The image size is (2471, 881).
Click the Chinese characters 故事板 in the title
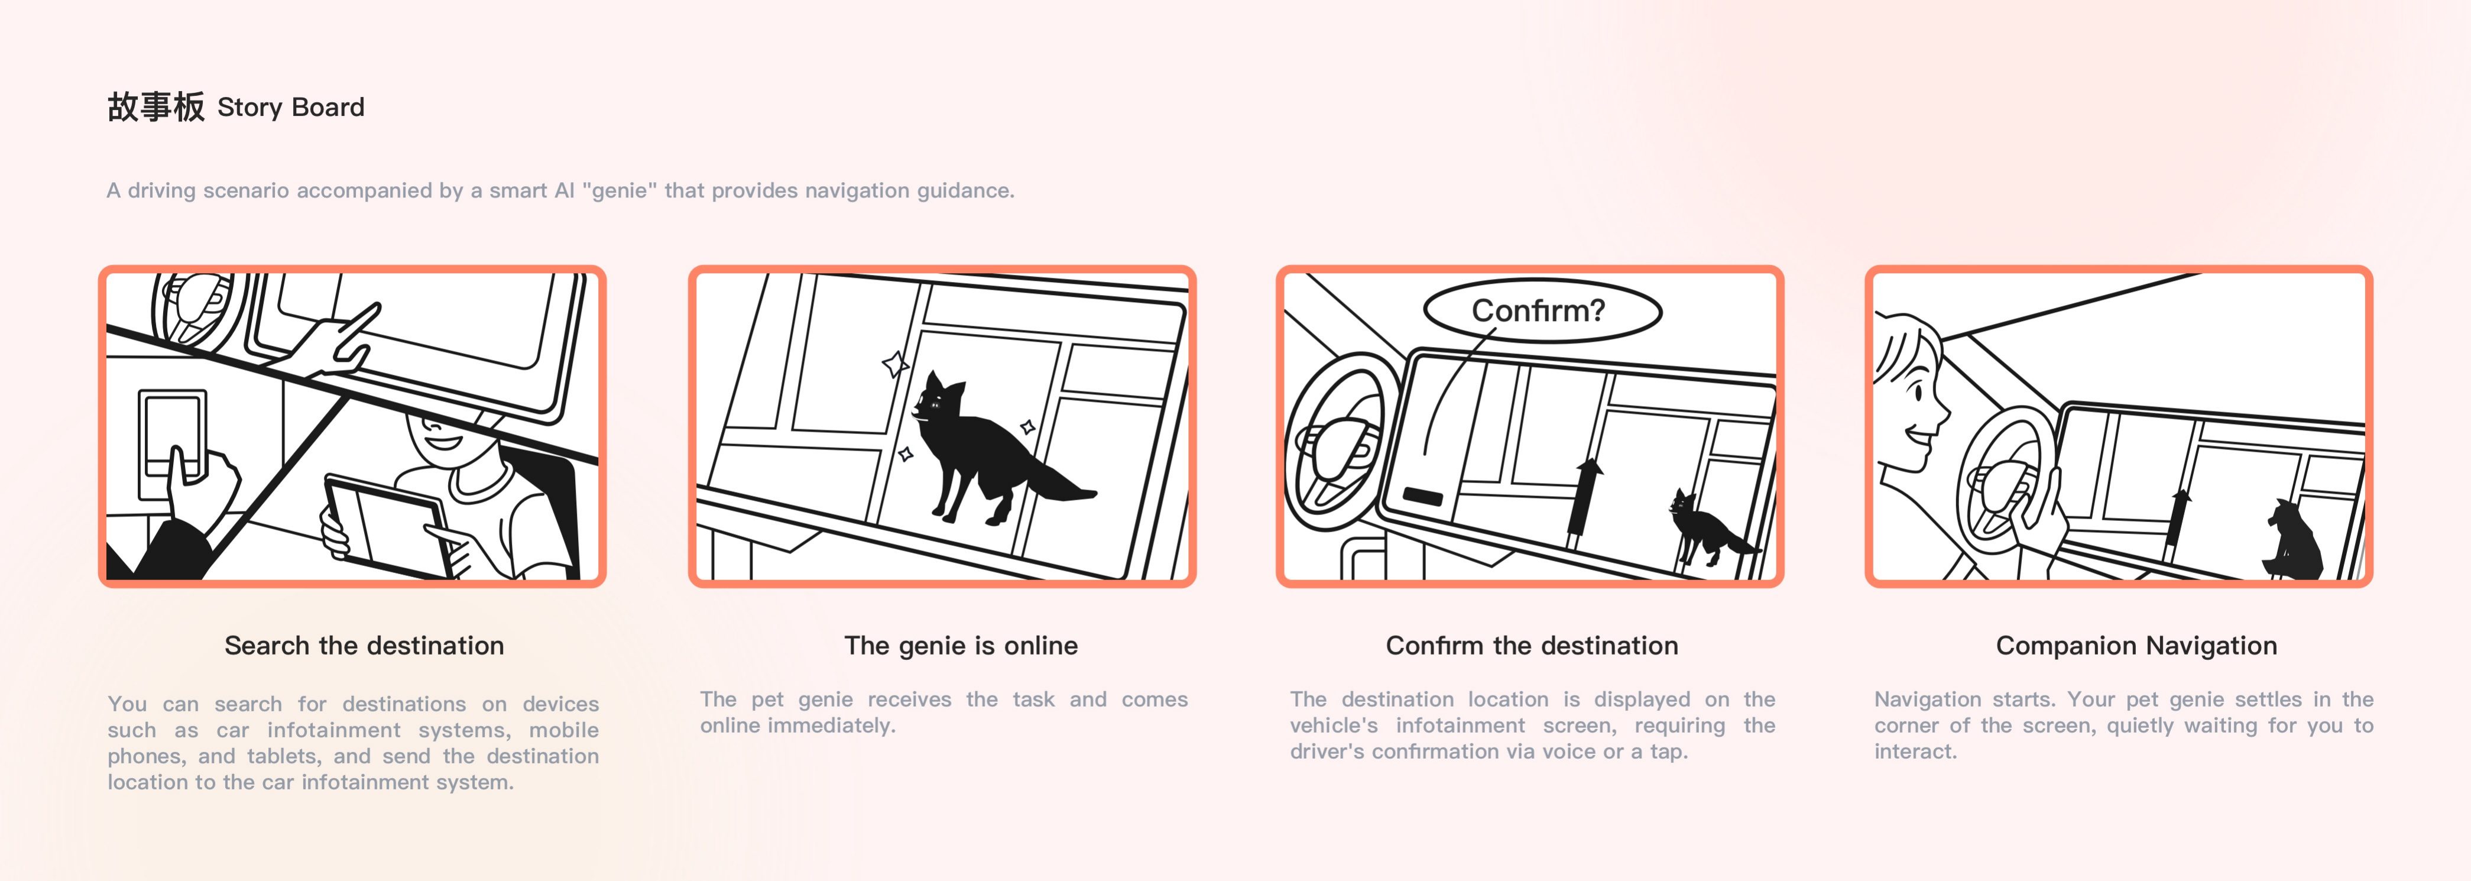pos(155,106)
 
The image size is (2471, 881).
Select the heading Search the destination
pos(365,646)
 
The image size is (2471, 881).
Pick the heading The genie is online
pos(961,646)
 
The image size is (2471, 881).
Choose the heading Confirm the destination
pos(1532,646)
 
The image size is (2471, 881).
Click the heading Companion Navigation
pos(2136,646)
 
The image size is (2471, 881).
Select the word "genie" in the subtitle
pos(620,190)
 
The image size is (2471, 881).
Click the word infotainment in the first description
pos(334,730)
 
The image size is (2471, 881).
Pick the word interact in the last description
pos(1915,752)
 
